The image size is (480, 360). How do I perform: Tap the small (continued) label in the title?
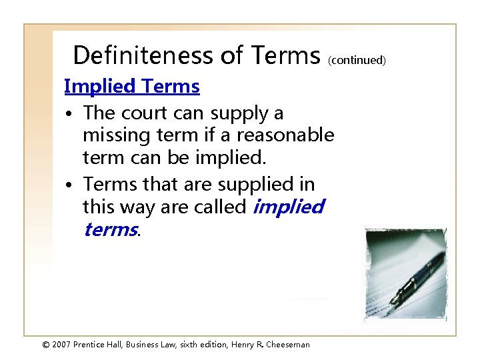[x=357, y=60]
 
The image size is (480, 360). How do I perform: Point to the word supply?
[x=239, y=113]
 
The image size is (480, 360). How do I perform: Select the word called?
[x=220, y=207]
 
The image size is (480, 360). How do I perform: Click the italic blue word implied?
[x=288, y=207]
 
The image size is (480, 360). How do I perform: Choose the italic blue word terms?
[x=109, y=229]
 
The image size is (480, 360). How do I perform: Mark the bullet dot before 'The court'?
[x=69, y=115]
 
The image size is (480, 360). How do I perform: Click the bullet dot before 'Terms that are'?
[x=69, y=185]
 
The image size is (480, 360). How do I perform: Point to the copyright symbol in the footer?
[x=46, y=345]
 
